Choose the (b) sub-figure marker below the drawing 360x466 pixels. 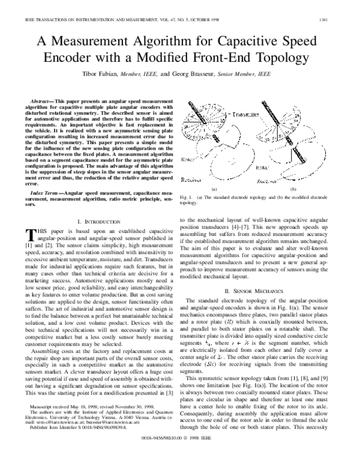293,172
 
